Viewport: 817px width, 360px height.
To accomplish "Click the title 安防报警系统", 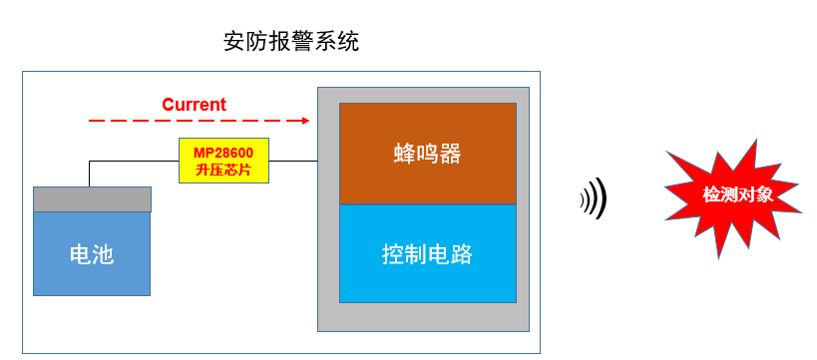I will click(x=291, y=43).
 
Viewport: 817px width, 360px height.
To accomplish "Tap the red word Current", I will click(x=194, y=105).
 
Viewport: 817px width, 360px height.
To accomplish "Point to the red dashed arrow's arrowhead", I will click(x=305, y=120).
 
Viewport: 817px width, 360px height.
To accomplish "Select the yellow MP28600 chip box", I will click(x=224, y=160).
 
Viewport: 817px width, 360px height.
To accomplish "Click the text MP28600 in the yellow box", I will click(x=224, y=153).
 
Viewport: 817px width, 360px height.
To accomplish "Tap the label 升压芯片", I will click(x=224, y=171).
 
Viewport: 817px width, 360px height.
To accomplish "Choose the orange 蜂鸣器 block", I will click(x=428, y=153).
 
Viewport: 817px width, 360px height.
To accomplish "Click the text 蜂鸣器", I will click(x=428, y=155).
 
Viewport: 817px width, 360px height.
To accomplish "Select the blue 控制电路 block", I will click(x=428, y=253).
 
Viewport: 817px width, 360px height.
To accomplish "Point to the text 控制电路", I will click(x=428, y=254).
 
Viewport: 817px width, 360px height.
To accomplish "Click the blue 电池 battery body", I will click(x=92, y=253).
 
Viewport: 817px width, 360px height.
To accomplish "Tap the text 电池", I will click(x=92, y=254).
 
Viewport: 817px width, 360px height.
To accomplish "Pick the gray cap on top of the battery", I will click(x=92, y=198).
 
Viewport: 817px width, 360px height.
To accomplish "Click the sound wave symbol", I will click(x=594, y=199).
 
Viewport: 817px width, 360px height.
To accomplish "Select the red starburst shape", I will click(x=736, y=195).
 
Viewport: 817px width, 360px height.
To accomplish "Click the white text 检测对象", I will click(x=737, y=194).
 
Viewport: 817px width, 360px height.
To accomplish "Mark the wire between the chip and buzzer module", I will click(x=294, y=160).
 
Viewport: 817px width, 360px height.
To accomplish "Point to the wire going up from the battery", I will click(x=89, y=173).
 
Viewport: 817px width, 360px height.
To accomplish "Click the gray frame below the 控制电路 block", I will click(x=428, y=317).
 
